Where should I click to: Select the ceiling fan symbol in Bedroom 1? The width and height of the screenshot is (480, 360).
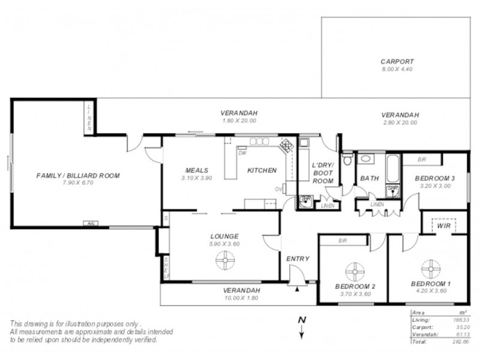[431, 266]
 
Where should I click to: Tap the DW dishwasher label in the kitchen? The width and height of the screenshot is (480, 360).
[242, 152]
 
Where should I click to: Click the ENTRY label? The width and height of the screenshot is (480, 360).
[298, 259]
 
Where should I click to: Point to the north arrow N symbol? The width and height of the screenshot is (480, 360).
[303, 325]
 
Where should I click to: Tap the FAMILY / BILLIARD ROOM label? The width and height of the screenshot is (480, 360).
[78, 176]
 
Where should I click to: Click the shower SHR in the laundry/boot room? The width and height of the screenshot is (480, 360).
[306, 199]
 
